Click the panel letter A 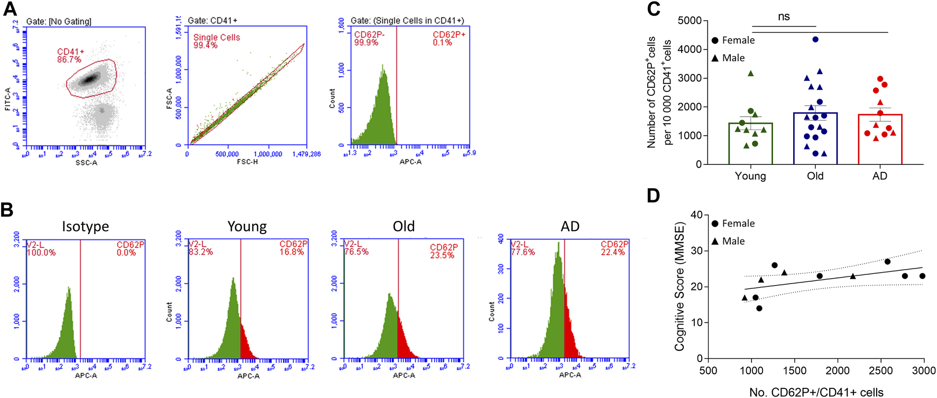(x=10, y=9)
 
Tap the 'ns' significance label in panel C (x=784, y=16)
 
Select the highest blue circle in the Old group (x=815, y=40)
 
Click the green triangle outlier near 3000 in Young (x=750, y=73)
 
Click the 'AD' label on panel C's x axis (x=879, y=176)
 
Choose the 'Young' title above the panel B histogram (x=247, y=226)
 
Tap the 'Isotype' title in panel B (x=85, y=226)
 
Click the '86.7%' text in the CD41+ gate (x=69, y=60)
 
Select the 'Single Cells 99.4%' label (x=216, y=41)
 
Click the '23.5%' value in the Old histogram (x=442, y=255)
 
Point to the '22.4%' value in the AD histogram (x=613, y=252)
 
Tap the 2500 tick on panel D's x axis (x=881, y=371)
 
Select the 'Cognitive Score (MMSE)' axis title (x=679, y=286)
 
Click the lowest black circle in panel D (x=759, y=308)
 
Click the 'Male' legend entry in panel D (x=733, y=241)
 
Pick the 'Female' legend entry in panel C (x=738, y=40)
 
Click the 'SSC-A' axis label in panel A (x=86, y=162)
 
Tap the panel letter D (x=654, y=196)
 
